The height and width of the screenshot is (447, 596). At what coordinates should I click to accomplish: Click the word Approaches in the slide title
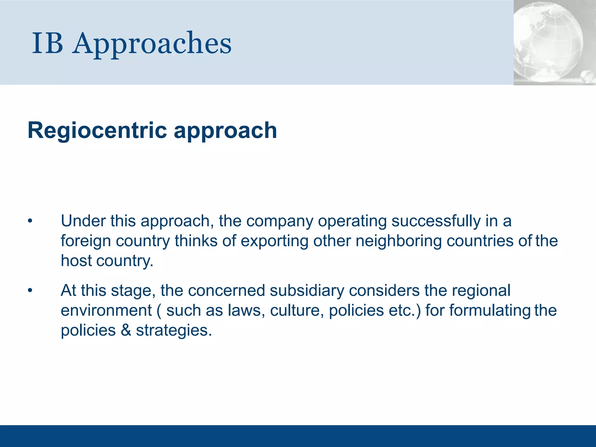[x=152, y=44]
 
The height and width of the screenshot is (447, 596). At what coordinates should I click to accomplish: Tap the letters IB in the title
[x=47, y=44]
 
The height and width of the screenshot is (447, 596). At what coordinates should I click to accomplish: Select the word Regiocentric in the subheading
[x=97, y=130]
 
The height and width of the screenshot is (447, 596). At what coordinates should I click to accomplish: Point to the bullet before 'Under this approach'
[x=30, y=221]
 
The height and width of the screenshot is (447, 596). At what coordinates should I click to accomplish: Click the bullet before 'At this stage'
[x=30, y=291]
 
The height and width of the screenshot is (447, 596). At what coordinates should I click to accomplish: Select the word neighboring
[x=398, y=241]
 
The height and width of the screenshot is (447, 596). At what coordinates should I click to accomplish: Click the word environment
[x=106, y=310]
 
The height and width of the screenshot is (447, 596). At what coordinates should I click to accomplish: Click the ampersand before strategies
[x=126, y=330]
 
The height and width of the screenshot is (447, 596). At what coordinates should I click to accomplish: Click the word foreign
[x=86, y=241]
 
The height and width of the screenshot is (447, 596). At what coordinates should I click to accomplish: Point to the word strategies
[x=174, y=330]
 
